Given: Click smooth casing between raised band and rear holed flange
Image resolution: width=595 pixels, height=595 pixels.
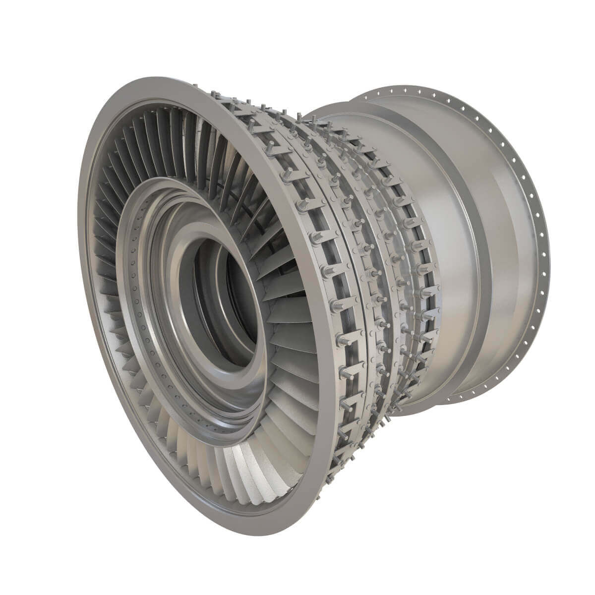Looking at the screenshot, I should click(501, 248).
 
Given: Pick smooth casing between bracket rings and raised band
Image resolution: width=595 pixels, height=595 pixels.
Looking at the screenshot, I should click(436, 208).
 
